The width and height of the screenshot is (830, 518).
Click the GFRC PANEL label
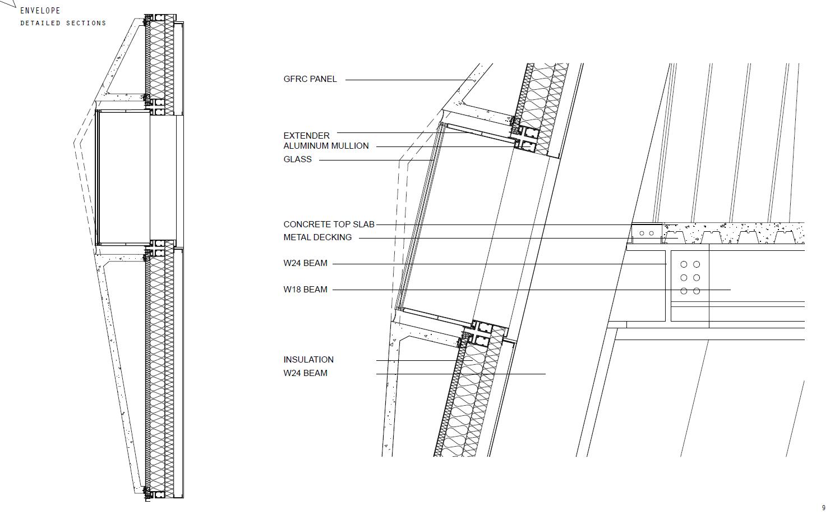coord(310,79)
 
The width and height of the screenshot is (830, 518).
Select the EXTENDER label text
coord(306,136)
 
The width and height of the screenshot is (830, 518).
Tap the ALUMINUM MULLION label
coord(326,146)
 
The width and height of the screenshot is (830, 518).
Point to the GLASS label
coord(297,159)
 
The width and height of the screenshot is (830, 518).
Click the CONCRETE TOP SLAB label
coord(329,224)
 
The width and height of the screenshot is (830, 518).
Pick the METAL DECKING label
coord(317,237)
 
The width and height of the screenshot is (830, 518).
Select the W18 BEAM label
coord(305,290)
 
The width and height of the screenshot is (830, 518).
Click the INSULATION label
coord(308,360)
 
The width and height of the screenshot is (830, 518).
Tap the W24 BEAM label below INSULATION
coord(305,373)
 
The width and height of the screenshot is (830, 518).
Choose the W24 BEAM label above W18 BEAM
coord(305,263)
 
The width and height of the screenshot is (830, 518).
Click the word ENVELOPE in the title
coord(40,11)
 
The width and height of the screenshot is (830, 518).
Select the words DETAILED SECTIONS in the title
coord(63,24)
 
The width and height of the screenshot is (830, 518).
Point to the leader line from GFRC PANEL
coord(409,80)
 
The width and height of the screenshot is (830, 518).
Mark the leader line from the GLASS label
coord(376,161)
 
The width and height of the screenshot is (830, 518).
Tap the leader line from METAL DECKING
coord(505,238)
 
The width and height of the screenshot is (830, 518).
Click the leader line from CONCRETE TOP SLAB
coord(505,225)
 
